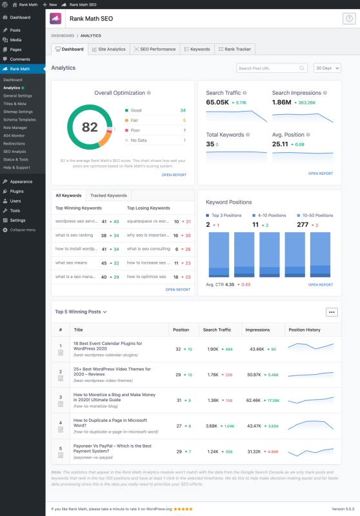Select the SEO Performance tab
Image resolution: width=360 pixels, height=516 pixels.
pyautogui.click(x=154, y=49)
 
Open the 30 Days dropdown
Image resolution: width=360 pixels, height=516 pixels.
pyautogui.click(x=327, y=68)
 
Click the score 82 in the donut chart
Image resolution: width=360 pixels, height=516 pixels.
pyautogui.click(x=90, y=126)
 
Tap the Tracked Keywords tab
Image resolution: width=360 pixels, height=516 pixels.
pyautogui.click(x=108, y=195)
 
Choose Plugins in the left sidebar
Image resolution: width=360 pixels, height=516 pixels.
pyautogui.click(x=17, y=191)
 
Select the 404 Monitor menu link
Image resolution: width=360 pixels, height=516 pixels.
pyautogui.click(x=15, y=135)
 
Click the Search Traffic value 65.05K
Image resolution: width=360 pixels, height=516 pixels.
pyautogui.click(x=217, y=102)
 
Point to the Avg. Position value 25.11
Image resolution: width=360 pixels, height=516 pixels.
pyautogui.click(x=279, y=144)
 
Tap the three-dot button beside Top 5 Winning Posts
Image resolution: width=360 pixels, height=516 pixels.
pyautogui.click(x=332, y=312)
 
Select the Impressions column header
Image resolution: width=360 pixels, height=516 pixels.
pyautogui.click(x=257, y=330)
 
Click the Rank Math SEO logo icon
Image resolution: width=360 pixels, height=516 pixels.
pyautogui.click(x=57, y=19)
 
